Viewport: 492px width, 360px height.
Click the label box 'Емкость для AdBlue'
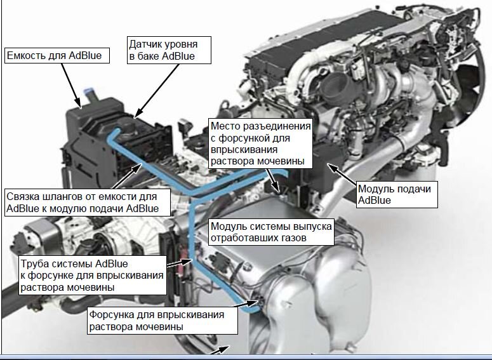57,55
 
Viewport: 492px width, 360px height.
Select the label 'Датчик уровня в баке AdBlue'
169,50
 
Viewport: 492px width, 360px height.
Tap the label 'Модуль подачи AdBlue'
397,194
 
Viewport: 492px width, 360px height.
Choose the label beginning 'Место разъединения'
261,143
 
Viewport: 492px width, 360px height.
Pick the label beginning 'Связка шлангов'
87,203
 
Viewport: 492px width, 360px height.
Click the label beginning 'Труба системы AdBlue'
93,276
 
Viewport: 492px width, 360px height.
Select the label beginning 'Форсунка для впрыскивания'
163,321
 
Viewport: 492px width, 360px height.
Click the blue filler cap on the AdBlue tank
89,93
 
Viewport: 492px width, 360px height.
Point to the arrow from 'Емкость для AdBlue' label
70,85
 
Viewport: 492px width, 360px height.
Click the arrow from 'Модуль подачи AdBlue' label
342,173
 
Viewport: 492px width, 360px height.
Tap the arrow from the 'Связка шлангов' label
125,177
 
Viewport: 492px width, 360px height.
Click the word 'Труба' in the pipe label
34,263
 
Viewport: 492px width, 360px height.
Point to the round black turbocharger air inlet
335,86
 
